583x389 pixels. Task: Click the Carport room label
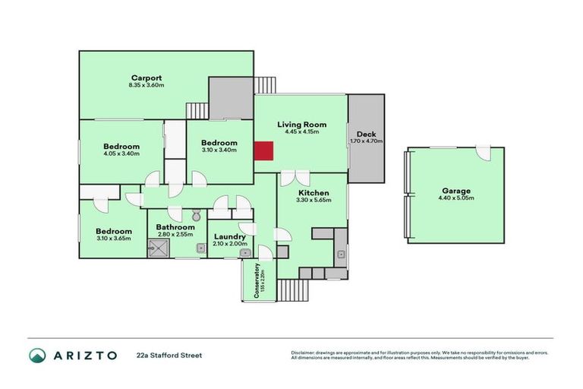146,77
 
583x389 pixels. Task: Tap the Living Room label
301,124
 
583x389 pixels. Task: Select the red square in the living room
263,151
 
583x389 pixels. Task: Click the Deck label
366,134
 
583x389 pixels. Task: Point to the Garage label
455,191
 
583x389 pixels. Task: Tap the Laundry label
230,236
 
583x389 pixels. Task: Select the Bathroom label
175,226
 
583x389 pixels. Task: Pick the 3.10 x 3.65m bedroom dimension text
114,239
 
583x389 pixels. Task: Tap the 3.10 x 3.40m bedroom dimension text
219,150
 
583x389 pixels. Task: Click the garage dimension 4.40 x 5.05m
455,198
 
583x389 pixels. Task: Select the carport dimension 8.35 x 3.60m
146,85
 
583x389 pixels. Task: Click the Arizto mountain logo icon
38,355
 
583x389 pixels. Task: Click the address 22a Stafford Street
169,355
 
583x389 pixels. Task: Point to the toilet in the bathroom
195,216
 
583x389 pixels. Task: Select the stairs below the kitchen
291,289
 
